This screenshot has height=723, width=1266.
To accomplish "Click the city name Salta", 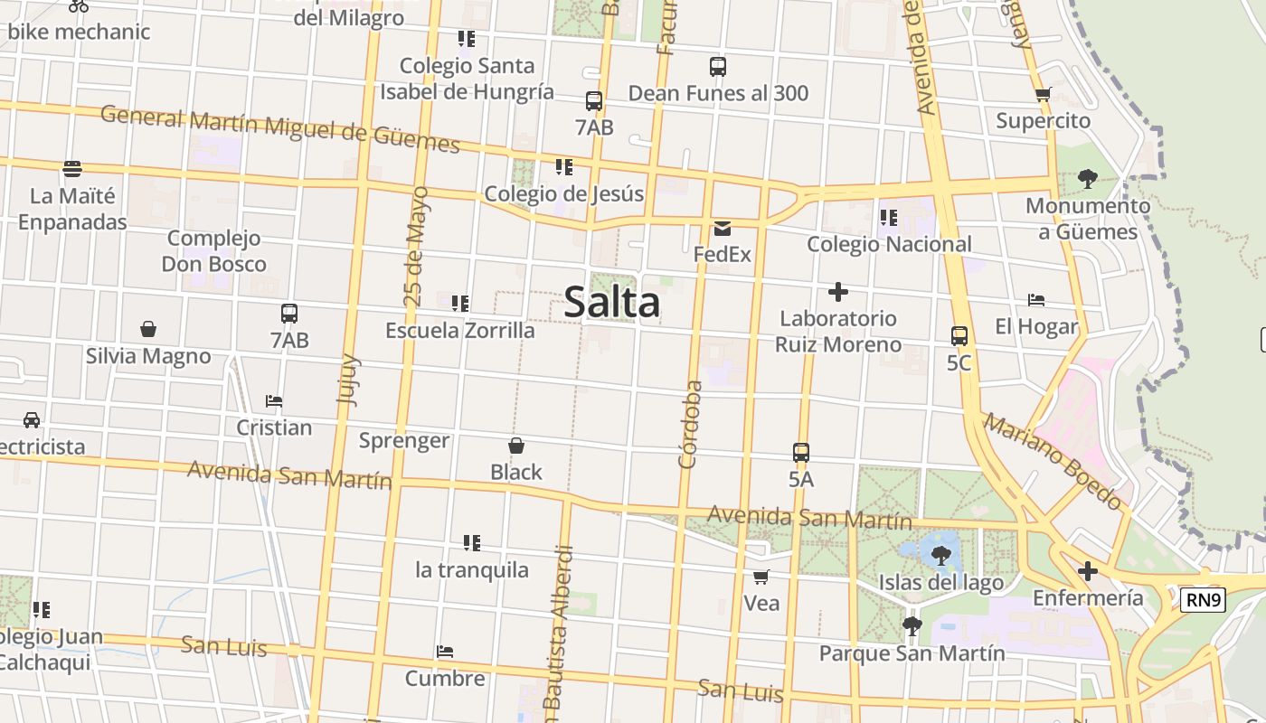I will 612,302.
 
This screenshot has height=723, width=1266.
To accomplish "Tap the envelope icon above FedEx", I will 723,228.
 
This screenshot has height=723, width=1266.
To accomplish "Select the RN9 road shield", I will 1203,599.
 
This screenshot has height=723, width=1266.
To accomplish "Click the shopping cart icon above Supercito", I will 1043,94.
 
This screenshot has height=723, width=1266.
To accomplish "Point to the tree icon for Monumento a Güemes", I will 1087,179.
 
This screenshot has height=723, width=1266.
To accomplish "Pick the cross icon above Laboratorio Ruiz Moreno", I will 838,292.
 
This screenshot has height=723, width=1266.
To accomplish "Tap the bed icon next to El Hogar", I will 1036,300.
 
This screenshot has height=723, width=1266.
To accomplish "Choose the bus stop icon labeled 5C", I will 959,336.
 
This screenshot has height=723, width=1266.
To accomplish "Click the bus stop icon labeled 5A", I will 801,453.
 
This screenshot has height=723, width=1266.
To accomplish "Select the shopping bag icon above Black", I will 516,446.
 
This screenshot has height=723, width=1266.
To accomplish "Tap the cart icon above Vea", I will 761,577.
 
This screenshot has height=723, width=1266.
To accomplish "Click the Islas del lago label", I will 940,582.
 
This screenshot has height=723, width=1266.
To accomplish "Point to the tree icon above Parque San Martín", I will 912,625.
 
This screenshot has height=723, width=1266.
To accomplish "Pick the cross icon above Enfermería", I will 1088,571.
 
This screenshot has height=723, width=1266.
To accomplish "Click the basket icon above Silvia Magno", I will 148,329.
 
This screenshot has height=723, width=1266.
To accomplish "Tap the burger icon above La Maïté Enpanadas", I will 72,169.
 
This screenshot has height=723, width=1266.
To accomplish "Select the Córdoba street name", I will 691,424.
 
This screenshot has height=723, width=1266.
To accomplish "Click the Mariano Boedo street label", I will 1053,462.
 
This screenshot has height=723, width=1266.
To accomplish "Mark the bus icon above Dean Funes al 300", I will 718,67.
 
